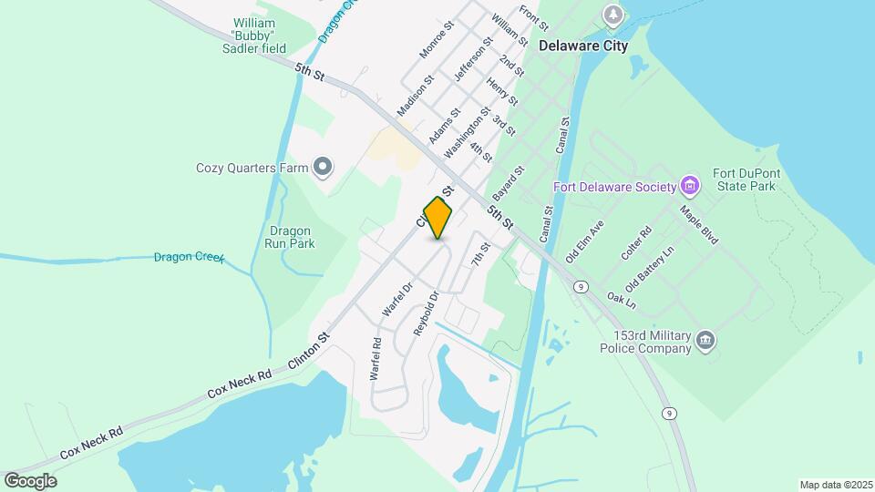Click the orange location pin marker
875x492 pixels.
(438, 218)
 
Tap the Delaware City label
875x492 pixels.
(583, 46)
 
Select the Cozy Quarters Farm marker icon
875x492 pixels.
(322, 167)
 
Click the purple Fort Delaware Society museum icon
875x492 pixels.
(690, 188)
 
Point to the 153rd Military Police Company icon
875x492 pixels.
(705, 341)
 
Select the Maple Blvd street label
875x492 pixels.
(699, 224)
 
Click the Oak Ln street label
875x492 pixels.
(620, 297)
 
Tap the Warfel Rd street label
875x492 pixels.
(375, 359)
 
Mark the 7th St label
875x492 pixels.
(480, 254)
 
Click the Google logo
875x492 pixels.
(30, 481)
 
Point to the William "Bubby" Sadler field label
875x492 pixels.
(260, 35)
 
